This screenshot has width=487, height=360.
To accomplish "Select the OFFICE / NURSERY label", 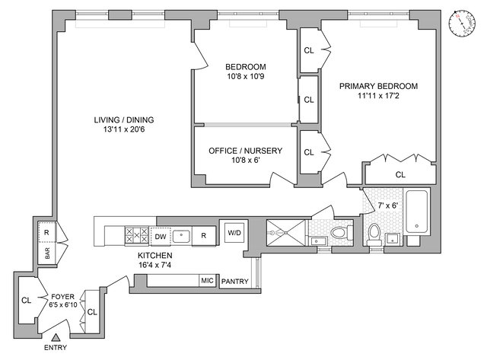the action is coord(245,151).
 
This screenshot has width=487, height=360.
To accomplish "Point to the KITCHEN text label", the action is coord(154,255).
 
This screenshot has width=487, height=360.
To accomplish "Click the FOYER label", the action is coord(62,295).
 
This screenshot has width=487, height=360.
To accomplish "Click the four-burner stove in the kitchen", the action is coord(138,235).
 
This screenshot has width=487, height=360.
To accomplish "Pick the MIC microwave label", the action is coord(207,281).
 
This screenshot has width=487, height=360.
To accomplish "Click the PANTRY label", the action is coord(235,282).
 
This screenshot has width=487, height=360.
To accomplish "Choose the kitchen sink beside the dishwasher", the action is coord(182,235).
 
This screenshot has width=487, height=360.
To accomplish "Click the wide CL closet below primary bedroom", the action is coord(400,174).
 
